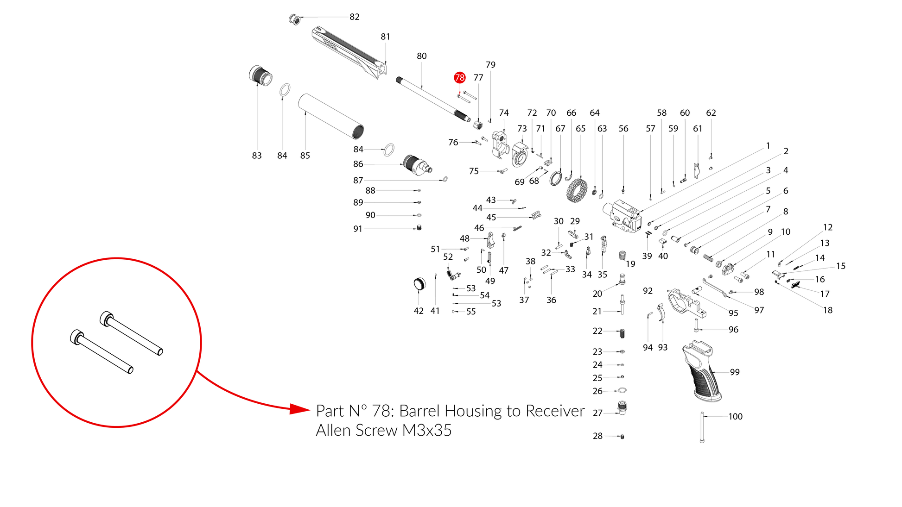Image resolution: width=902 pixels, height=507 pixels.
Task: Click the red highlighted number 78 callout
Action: [x=459, y=78]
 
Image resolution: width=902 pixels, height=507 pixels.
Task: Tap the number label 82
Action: [x=355, y=17]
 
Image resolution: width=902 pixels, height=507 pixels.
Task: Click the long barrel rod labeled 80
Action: [x=433, y=100]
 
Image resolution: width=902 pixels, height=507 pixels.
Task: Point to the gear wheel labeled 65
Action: [x=577, y=190]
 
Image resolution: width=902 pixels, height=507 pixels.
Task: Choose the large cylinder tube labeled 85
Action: [x=330, y=116]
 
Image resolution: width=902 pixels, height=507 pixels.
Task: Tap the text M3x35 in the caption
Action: [x=427, y=431]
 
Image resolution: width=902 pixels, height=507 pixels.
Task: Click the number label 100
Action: [x=735, y=417]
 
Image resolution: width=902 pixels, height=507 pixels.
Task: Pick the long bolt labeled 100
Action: [x=702, y=427]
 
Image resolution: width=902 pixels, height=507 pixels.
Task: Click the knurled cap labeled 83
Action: [x=260, y=75]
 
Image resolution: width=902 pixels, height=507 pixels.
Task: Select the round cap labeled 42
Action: [x=419, y=284]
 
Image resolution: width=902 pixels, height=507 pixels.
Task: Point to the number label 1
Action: [x=768, y=146]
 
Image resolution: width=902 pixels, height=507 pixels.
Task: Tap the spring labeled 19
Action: [x=623, y=255]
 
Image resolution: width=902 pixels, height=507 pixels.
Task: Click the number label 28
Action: [x=598, y=436]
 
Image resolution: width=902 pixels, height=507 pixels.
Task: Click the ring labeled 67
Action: [x=556, y=178]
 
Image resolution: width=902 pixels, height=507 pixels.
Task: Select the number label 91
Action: [x=358, y=229]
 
